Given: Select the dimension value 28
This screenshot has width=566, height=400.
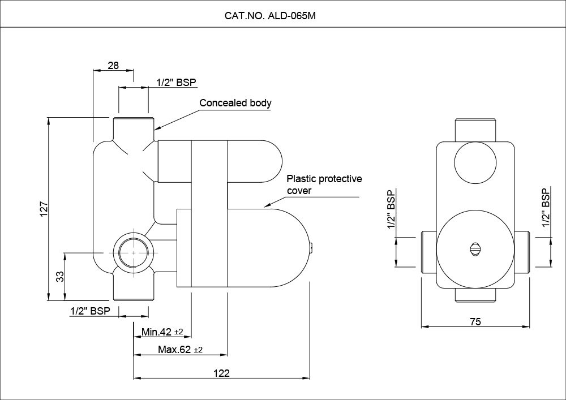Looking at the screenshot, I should [x=113, y=66].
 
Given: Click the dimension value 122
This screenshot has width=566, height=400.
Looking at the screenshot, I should [x=222, y=373].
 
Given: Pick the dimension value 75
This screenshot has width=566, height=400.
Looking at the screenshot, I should [x=475, y=321].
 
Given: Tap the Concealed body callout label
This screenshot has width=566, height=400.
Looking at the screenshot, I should [x=235, y=104].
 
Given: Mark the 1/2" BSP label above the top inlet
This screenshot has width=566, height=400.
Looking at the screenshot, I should [x=176, y=83].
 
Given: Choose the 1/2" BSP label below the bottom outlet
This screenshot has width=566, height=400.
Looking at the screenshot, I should [x=90, y=311].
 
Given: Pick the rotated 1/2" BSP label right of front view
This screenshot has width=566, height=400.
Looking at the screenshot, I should [x=546, y=208].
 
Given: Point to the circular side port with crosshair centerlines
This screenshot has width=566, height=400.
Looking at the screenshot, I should [x=132, y=252].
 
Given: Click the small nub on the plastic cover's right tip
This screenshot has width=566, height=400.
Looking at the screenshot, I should [x=311, y=247].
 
